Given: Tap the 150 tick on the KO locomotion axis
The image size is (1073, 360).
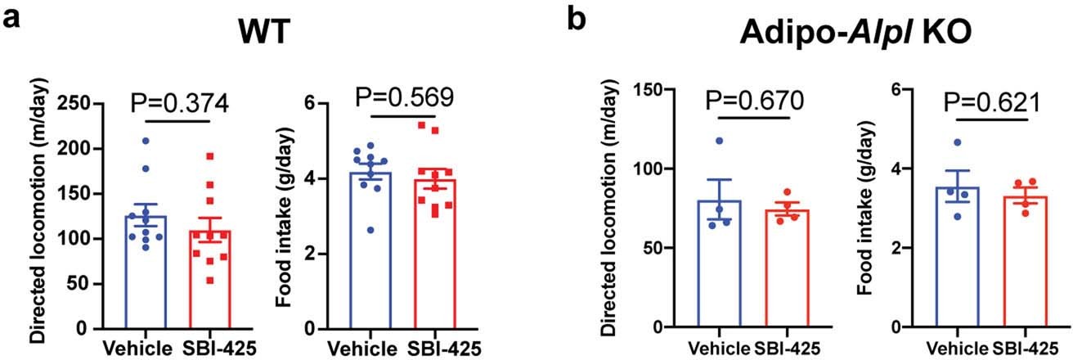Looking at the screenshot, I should pos(650,89).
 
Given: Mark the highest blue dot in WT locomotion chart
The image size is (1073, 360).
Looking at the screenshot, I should pos(146,142).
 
